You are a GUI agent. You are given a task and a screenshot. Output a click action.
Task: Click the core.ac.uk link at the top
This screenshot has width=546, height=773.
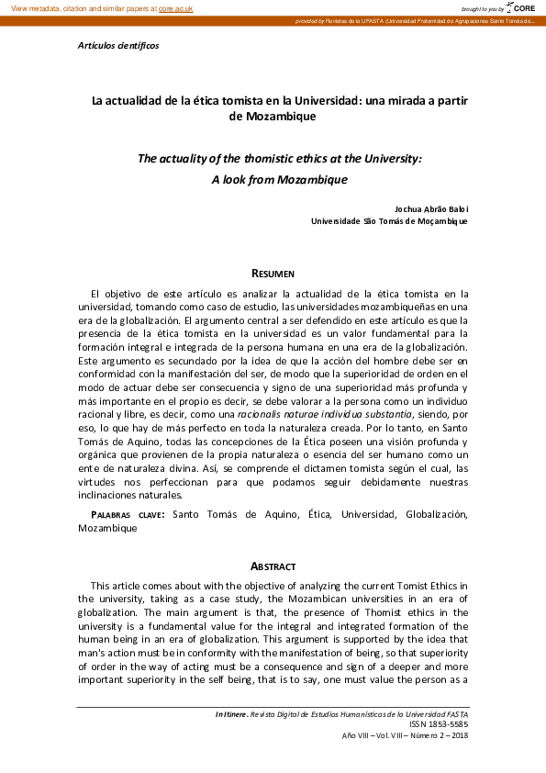(175, 7)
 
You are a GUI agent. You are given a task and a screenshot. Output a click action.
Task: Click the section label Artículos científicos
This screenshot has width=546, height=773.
(118, 45)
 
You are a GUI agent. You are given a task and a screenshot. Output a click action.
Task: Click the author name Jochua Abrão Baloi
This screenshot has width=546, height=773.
(430, 208)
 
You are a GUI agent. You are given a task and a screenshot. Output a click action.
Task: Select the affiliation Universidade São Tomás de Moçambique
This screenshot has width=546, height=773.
(389, 220)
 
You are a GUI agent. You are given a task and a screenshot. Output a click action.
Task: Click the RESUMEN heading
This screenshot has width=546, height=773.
(273, 274)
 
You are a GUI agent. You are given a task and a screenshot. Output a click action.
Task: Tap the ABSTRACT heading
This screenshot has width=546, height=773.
(273, 566)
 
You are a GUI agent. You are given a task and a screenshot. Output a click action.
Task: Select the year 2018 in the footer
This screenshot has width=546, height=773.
(458, 735)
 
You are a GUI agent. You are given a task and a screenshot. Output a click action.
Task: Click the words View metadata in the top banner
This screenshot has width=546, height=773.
(35, 7)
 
